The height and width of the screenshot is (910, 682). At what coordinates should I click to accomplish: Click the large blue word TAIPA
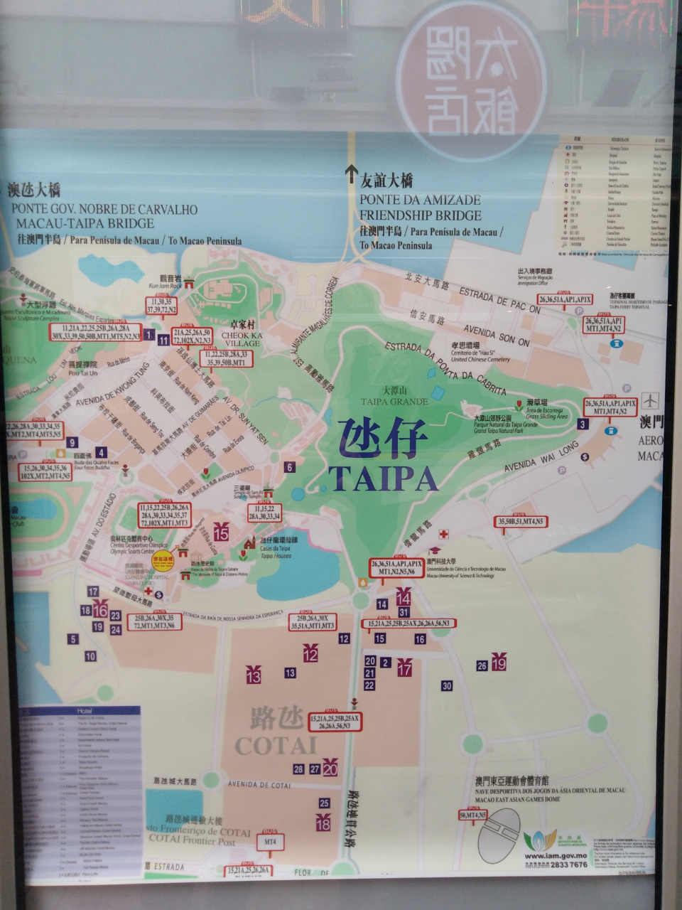383,478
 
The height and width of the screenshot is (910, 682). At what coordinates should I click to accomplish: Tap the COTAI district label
275,744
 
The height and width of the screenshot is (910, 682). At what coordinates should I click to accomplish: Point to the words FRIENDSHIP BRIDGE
420,215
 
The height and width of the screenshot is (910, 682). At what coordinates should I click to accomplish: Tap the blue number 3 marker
583,424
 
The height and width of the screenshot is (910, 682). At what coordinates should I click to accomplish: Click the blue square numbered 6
289,467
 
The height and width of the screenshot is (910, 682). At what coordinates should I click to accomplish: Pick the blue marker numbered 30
447,685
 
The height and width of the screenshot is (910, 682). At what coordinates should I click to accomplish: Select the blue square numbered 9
71,442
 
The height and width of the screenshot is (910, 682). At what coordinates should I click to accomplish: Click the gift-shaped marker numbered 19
499,663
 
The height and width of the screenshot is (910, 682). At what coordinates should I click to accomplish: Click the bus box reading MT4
270,841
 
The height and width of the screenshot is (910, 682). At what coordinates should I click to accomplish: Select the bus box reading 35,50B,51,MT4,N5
520,522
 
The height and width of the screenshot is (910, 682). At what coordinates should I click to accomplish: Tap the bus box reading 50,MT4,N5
472,815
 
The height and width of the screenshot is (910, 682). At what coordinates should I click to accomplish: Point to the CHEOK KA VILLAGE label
242,338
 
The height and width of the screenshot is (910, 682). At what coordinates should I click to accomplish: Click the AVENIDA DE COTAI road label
260,785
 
